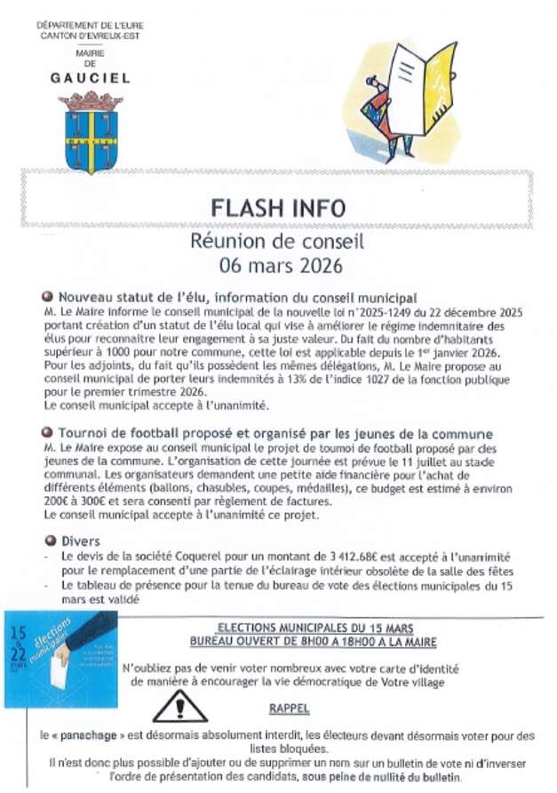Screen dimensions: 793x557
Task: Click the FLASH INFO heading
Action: coord(278,208)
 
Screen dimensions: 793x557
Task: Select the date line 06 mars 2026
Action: coord(278,264)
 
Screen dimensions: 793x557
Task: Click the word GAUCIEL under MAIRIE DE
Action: coord(90,78)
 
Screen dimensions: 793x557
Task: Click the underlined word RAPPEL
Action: coord(289,709)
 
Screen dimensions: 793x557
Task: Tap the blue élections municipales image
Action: coord(60,658)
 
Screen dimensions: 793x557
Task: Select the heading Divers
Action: coord(81,541)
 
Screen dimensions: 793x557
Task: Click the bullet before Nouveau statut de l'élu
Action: coord(48,297)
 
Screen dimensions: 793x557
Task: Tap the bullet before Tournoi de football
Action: coord(48,433)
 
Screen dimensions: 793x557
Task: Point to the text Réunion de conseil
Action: coord(278,240)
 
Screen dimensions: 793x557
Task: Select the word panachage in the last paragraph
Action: coord(92,735)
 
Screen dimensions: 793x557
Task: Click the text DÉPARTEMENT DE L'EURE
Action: coord(90,25)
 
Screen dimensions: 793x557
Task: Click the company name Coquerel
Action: coord(206,556)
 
